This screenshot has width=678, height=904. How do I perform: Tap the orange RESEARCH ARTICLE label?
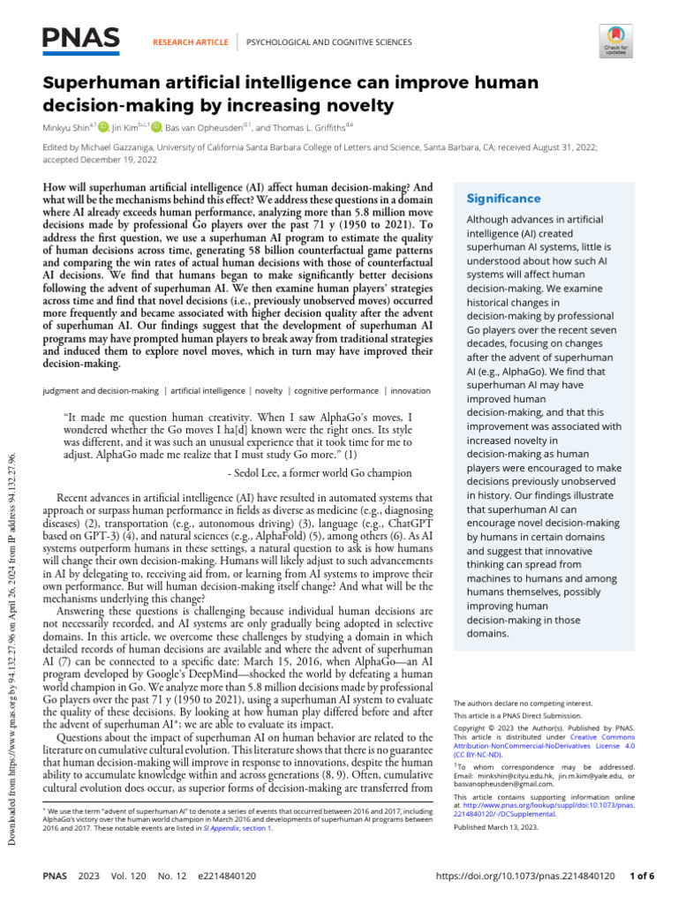click(191, 41)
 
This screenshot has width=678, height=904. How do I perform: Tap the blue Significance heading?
click(504, 199)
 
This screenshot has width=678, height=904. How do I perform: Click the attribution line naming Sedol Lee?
click(320, 473)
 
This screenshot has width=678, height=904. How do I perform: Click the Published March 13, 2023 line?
click(497, 827)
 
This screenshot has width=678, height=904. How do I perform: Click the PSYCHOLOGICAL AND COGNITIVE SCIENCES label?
click(328, 41)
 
